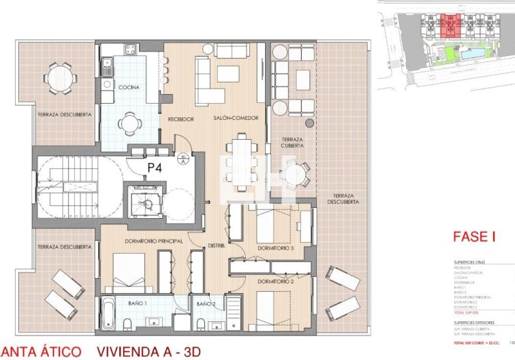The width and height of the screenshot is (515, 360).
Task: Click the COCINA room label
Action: [x=129, y=88]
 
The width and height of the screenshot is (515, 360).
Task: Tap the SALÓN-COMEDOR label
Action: [x=236, y=118]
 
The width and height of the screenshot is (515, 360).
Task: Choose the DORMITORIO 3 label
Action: [x=275, y=248]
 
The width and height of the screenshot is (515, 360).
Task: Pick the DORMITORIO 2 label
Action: [x=275, y=281]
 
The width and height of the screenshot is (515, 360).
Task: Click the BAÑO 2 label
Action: [x=206, y=303]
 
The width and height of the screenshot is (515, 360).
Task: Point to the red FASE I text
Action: [x=474, y=237]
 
